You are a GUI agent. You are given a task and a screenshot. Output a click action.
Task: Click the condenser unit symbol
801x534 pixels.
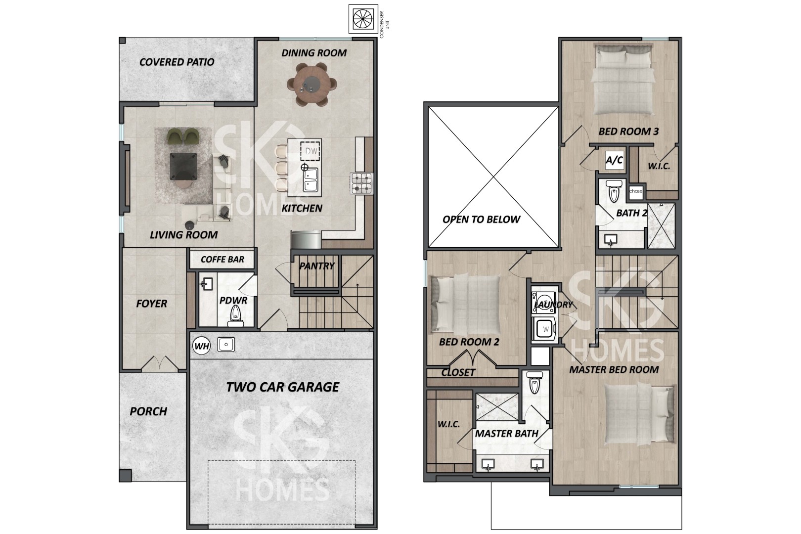pos(363,19)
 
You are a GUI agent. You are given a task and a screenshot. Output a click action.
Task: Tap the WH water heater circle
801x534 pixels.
pos(201,346)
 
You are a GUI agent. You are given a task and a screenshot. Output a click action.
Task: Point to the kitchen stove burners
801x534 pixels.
pos(362,183)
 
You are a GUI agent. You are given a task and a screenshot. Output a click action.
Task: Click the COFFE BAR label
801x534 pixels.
pos(222,259)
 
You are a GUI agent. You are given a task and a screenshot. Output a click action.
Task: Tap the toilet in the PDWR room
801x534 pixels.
pos(235,316)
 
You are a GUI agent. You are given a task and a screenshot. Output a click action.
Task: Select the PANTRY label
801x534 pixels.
pos(317,266)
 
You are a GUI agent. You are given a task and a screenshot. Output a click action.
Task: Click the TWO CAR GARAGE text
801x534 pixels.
pos(282,387)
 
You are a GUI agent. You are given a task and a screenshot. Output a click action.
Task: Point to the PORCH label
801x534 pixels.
pos(148,411)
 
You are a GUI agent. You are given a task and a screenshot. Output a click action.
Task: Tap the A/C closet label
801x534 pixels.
pos(614,160)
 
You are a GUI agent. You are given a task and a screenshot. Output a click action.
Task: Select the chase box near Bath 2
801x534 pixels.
pos(636,191)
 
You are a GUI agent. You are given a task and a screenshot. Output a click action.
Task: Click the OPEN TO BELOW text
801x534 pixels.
pos(481,219)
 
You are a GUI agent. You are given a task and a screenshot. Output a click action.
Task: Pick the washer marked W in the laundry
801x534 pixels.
pos(543,329)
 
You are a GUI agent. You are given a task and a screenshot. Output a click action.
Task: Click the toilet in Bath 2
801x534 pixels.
pos(614,191)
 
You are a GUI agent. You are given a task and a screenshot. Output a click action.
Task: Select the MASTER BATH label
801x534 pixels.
pos(506,434)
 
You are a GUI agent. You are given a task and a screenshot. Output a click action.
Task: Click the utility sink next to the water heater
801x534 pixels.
pos(226,345)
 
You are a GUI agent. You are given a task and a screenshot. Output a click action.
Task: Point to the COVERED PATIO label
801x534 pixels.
pos(177,62)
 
